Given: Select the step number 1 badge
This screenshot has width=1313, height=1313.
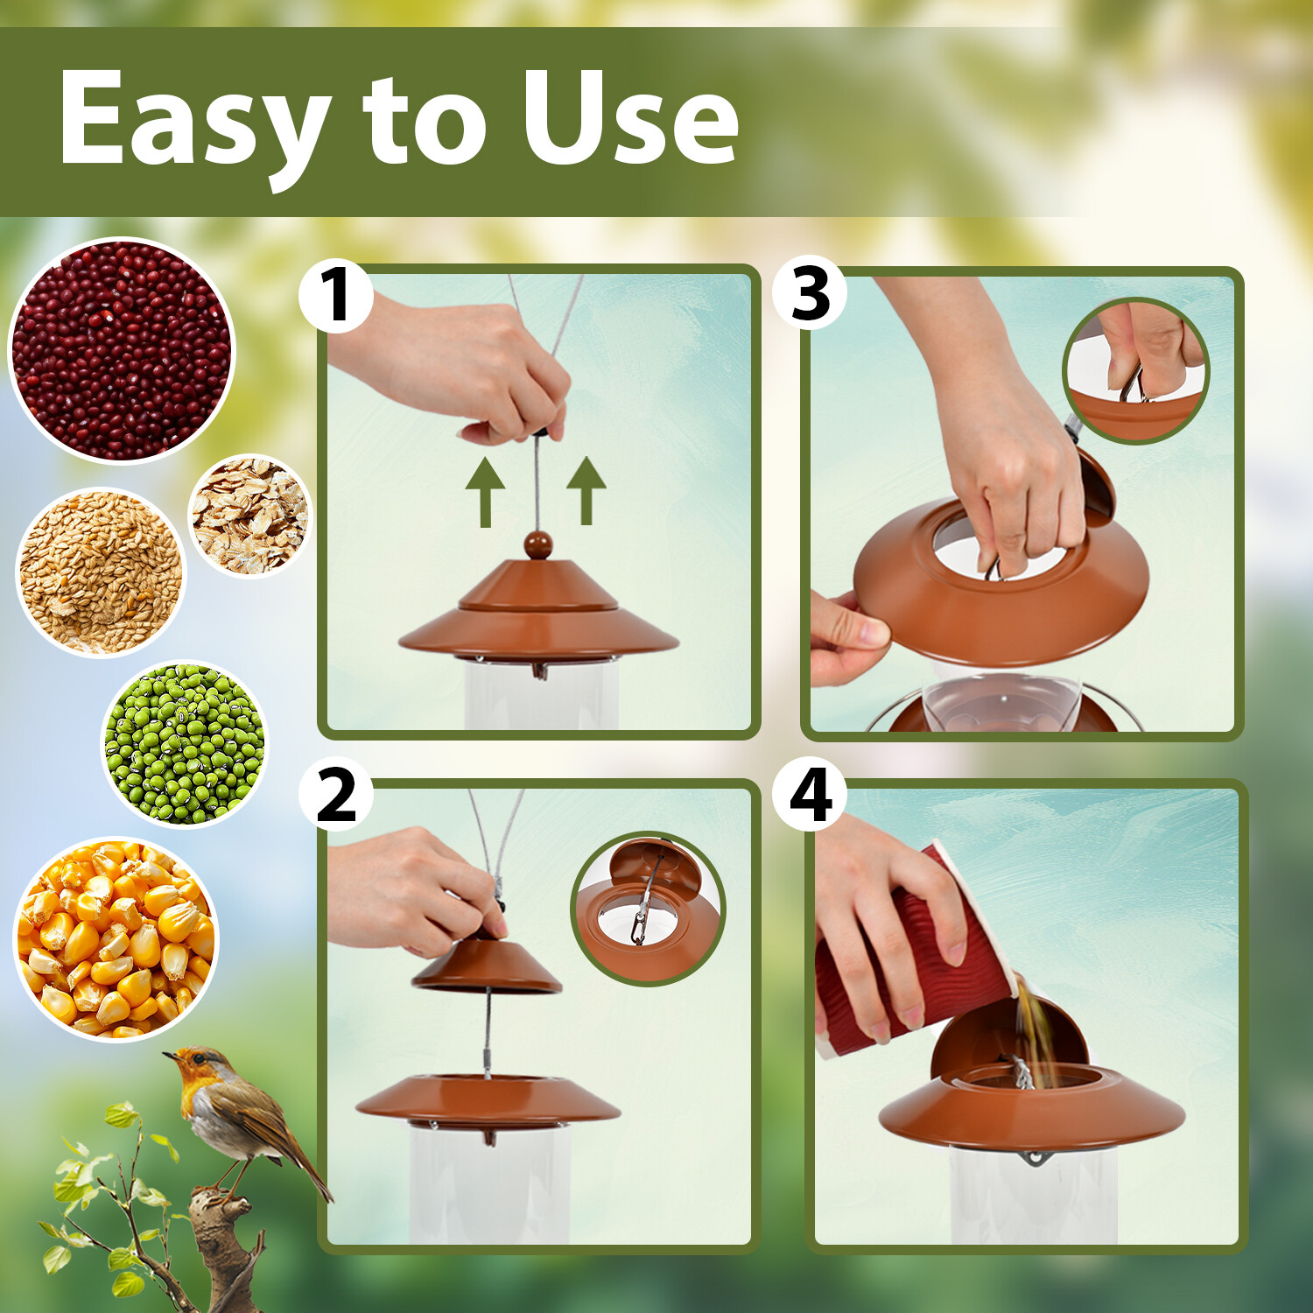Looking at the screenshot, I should click(335, 296).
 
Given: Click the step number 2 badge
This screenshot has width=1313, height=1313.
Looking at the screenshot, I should click(335, 796).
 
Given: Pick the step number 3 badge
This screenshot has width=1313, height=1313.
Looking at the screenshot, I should click(810, 293).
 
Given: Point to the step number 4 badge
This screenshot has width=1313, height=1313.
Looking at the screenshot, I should click(810, 796).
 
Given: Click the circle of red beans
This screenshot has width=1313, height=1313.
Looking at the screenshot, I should click(122, 350).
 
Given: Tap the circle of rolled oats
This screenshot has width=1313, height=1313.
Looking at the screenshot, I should click(250, 516).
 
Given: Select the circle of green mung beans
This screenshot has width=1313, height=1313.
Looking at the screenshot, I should click(185, 743).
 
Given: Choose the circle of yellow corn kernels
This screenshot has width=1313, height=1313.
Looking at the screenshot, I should click(116, 939).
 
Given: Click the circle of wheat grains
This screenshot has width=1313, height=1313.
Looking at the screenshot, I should click(101, 572).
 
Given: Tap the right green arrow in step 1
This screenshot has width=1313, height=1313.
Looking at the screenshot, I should click(586, 489).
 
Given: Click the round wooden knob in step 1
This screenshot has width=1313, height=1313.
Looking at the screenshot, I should click(538, 545).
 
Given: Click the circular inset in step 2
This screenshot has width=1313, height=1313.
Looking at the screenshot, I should click(648, 908).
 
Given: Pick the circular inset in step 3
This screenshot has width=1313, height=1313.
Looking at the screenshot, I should click(1135, 370).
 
